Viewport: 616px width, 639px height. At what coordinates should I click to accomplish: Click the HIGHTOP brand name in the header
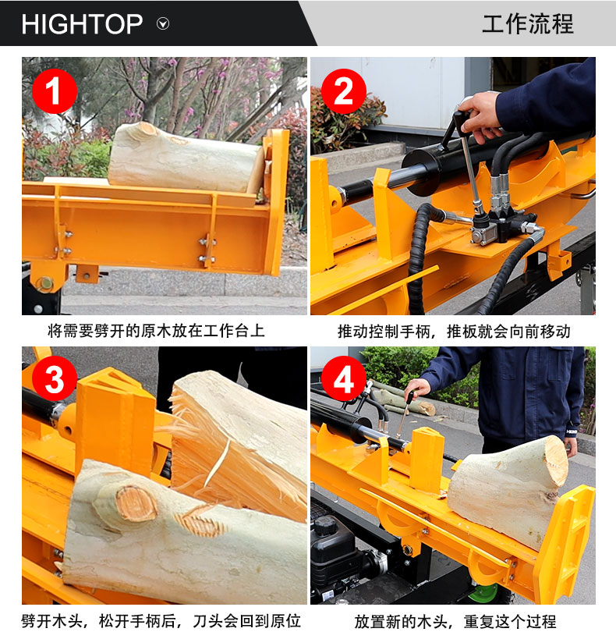[82, 24]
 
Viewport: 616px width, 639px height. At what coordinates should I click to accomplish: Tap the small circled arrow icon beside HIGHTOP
[163, 23]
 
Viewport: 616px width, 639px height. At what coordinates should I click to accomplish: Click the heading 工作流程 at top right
[528, 23]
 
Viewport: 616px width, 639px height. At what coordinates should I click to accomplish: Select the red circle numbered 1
[55, 91]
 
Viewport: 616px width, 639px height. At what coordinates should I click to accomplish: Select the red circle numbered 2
[343, 91]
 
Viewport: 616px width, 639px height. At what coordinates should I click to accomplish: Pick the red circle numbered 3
[55, 379]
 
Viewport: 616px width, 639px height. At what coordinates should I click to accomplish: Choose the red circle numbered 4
[343, 379]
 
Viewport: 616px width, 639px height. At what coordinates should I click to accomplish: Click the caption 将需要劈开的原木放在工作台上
[157, 331]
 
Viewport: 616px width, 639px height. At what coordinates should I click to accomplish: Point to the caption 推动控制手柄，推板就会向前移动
[454, 332]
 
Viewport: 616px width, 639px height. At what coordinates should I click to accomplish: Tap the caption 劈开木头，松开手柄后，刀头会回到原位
[161, 621]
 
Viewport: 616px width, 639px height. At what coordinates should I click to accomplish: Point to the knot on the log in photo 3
[136, 504]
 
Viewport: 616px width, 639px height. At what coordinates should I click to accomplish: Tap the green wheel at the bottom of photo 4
[483, 594]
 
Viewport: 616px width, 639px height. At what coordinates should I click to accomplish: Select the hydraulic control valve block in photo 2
[502, 226]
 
